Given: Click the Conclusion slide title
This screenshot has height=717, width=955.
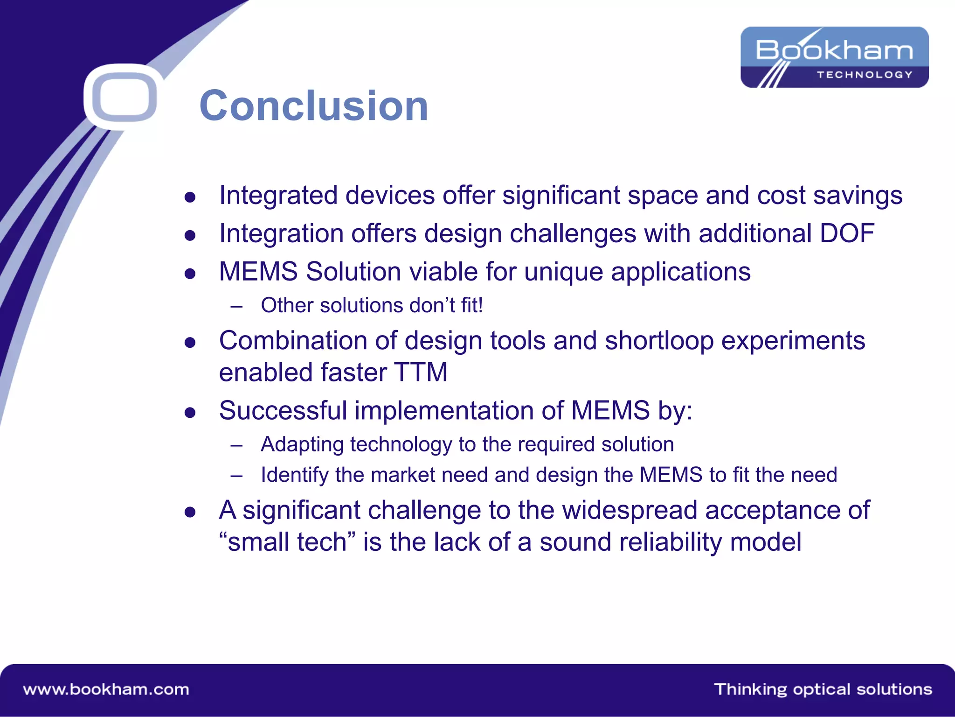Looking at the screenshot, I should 313,106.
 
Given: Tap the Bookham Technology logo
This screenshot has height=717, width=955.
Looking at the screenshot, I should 834,57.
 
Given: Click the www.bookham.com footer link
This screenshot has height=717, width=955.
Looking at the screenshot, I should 106,689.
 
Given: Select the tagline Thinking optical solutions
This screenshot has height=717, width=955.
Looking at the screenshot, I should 823,689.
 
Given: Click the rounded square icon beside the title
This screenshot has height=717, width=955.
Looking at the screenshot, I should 124,97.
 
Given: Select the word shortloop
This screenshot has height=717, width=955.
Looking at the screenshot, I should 659,340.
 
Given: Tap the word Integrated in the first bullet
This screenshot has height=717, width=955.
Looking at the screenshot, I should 278,195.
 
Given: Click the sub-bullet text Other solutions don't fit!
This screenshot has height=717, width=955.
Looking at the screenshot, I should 372,305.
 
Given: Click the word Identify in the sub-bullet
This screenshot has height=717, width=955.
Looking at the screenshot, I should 295,475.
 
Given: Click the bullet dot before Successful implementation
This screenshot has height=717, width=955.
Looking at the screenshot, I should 190,412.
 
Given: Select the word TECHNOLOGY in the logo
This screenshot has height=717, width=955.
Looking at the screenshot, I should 864,75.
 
